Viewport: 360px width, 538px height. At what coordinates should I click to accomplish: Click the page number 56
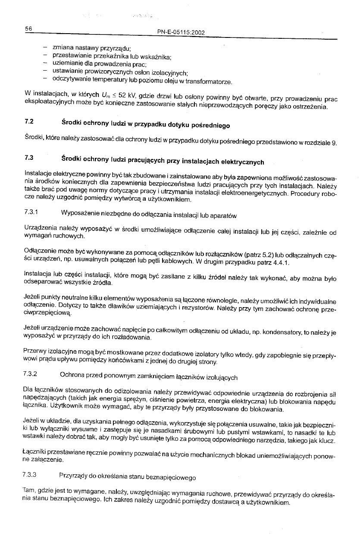(x=29, y=28)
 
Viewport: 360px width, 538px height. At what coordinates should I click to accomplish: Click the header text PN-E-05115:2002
(x=182, y=32)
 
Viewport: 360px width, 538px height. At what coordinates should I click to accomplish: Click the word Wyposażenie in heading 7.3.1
(x=81, y=214)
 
